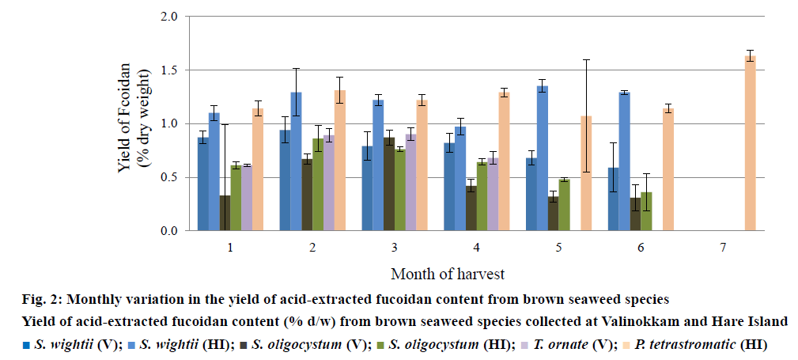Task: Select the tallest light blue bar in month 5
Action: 543,158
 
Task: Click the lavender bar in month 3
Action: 410,183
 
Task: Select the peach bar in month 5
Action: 586,174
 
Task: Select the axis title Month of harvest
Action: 448,274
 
